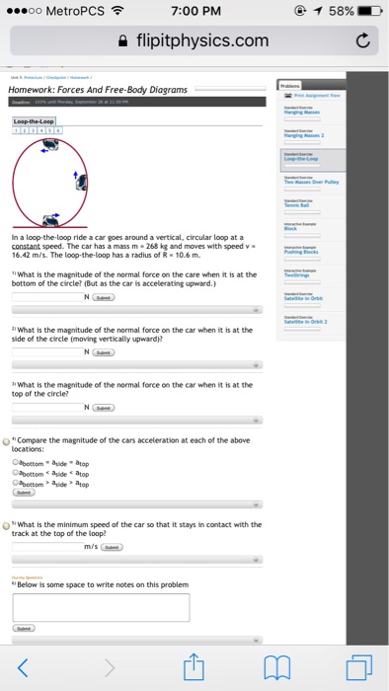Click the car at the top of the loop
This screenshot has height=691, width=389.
pos(46,145)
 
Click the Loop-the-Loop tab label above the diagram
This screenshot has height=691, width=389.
pos(35,121)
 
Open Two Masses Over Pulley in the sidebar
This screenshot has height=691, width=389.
pos(313,183)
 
